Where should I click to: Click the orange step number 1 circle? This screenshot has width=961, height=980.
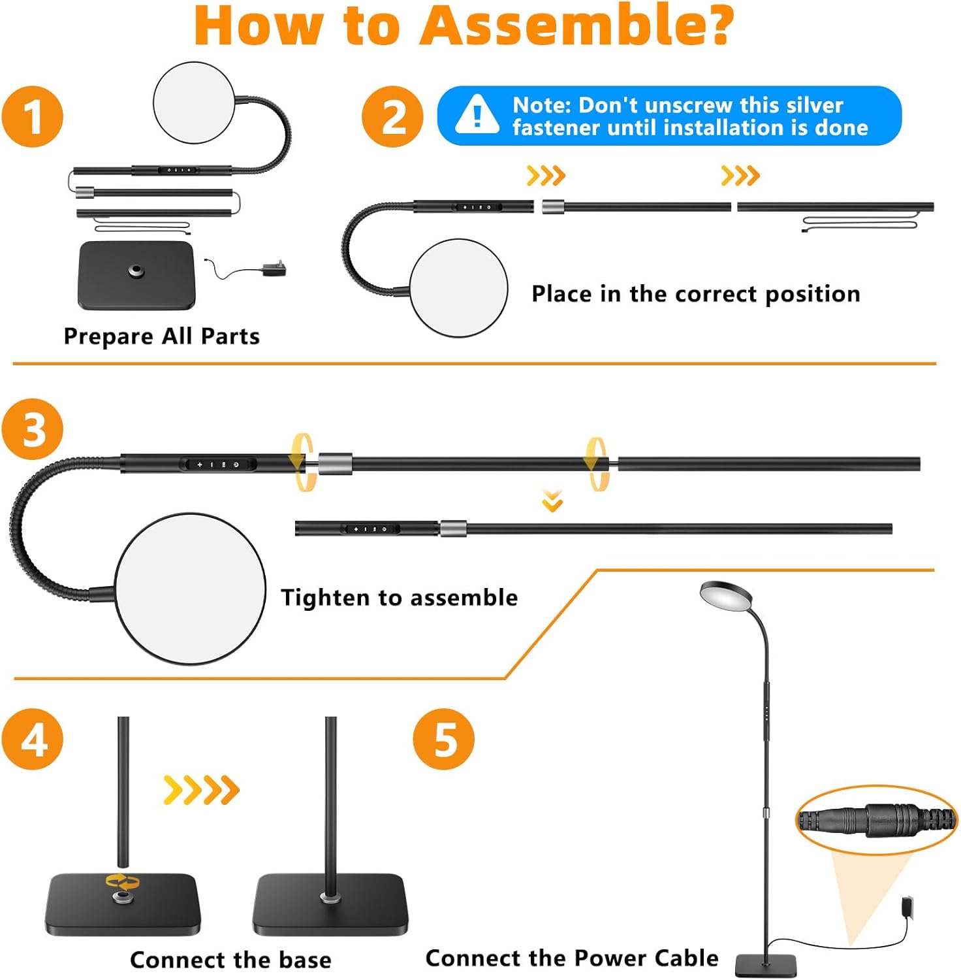[33, 117]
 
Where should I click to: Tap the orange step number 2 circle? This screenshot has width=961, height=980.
[393, 117]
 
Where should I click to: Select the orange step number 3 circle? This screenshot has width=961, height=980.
[33, 429]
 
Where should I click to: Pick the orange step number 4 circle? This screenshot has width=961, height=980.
[33, 739]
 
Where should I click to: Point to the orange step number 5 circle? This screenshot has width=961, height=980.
[444, 739]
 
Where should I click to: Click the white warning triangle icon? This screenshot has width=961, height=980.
[477, 116]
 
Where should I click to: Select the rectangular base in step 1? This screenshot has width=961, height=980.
[136, 275]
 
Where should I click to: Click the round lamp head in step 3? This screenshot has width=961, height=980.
[190, 589]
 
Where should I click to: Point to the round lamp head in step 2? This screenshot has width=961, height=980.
[458, 288]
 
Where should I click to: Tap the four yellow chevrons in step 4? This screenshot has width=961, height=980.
[201, 789]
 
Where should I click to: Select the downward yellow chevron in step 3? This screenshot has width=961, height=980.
[552, 502]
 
